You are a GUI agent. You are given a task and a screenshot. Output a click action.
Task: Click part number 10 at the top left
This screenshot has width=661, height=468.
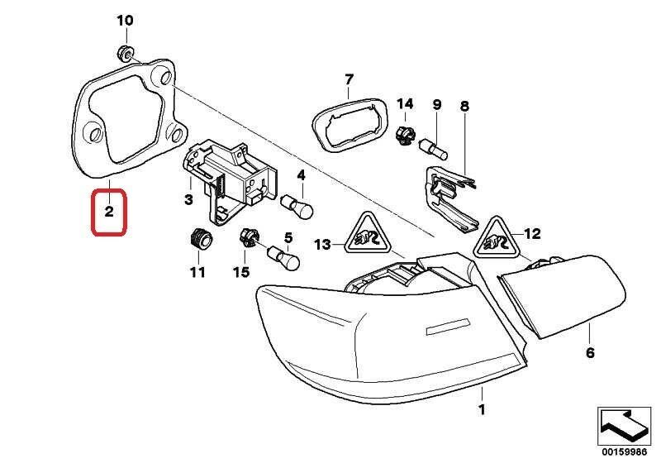click(124, 19)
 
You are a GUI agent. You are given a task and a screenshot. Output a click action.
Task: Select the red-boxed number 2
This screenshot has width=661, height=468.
click(108, 213)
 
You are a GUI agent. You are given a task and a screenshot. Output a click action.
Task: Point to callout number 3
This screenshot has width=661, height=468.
click(188, 200)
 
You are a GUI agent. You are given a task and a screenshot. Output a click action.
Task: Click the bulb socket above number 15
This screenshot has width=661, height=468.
click(248, 240)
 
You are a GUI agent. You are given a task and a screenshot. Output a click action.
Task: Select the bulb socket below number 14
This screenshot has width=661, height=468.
click(405, 135)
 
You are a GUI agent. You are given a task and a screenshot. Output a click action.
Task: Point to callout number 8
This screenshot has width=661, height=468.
click(464, 106)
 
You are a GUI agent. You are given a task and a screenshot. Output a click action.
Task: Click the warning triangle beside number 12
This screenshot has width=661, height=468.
click(496, 238)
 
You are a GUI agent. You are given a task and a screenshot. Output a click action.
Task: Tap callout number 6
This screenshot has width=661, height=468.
click(590, 353)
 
